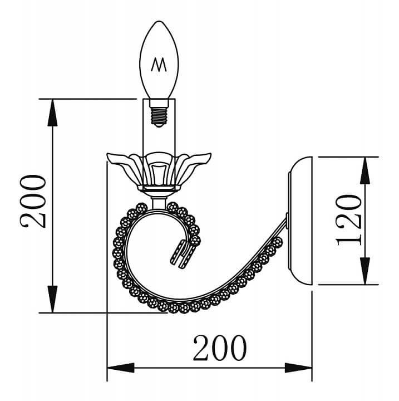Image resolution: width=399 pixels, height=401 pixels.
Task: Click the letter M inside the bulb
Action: point(159,65)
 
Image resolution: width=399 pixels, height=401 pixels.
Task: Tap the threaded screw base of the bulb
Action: point(159,116)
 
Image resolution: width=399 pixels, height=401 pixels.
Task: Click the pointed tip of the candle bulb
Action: point(159,21)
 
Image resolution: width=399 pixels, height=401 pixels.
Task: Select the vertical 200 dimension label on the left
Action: point(33,201)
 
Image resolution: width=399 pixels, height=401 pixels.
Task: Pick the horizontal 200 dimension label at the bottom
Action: point(220,348)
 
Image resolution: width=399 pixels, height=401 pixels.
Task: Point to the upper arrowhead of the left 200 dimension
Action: point(52,113)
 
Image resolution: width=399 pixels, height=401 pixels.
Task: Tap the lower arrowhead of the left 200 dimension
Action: point(52,299)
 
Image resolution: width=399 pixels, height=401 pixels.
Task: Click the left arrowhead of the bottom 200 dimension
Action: point(121,368)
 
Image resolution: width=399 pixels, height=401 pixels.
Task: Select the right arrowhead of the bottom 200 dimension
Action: point(298,368)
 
